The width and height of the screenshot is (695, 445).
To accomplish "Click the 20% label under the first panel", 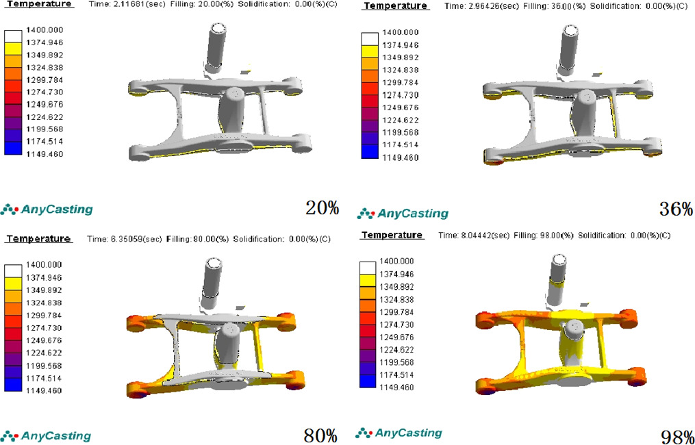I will tap(322, 208).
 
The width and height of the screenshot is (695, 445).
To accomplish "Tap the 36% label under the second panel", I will tap(676, 209).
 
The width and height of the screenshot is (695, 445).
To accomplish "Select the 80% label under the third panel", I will tap(320, 435).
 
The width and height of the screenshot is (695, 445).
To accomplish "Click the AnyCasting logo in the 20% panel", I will tap(47, 209).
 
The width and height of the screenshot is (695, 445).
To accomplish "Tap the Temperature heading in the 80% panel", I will tap(39, 239).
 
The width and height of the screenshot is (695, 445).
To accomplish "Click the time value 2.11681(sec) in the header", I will tap(136, 4).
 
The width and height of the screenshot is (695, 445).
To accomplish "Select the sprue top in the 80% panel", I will tap(214, 264).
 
